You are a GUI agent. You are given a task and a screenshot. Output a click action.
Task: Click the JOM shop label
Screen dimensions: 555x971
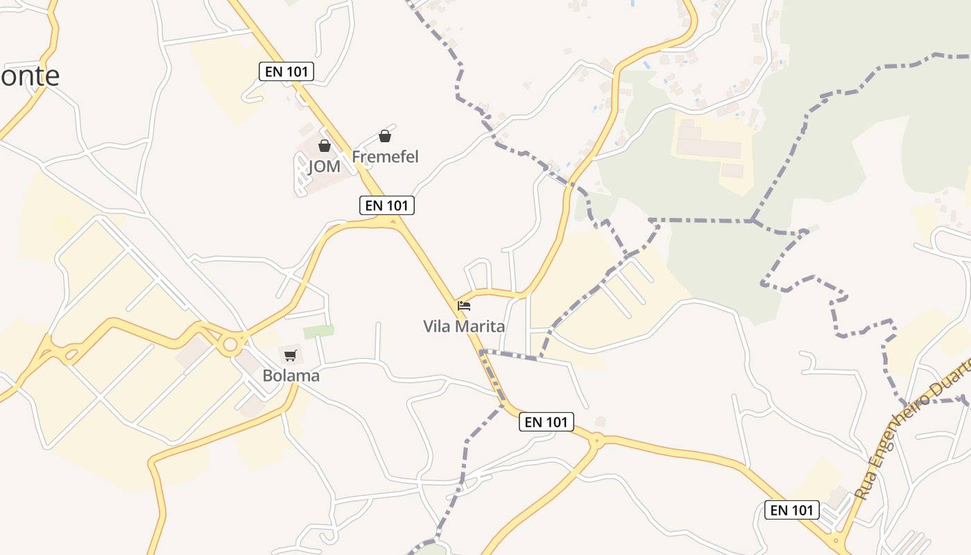[x=324, y=166]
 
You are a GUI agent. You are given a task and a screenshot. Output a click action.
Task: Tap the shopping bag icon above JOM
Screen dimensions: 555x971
[x=324, y=146]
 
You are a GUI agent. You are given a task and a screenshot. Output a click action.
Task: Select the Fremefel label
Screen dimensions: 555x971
[x=385, y=157]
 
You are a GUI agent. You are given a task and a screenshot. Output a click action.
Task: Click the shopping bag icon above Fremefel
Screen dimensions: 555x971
[x=385, y=136]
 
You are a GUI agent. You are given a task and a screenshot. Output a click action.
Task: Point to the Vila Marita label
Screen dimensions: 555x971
[x=464, y=326]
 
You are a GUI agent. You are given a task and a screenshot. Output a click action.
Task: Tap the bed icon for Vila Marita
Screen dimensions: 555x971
[x=464, y=305]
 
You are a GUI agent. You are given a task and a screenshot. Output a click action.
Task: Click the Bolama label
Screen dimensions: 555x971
[x=291, y=376]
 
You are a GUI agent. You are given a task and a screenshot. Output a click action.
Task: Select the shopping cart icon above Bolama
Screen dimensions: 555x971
[x=291, y=356]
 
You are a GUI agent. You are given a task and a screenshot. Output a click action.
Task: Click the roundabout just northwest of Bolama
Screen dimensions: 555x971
[x=230, y=344]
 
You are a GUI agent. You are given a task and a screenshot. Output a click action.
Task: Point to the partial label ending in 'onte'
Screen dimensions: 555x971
[x=30, y=76]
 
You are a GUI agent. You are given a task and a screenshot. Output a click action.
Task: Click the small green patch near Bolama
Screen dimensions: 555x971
[x=318, y=332]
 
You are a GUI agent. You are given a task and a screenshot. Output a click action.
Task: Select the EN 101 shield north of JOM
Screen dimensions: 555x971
[x=286, y=71]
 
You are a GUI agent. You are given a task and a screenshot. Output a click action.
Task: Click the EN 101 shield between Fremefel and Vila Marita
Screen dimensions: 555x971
[x=387, y=205]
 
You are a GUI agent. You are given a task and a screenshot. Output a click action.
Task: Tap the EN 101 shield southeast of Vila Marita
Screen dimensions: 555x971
[x=547, y=422]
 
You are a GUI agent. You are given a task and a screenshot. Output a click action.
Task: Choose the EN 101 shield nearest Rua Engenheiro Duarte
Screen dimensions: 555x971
[x=792, y=510]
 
